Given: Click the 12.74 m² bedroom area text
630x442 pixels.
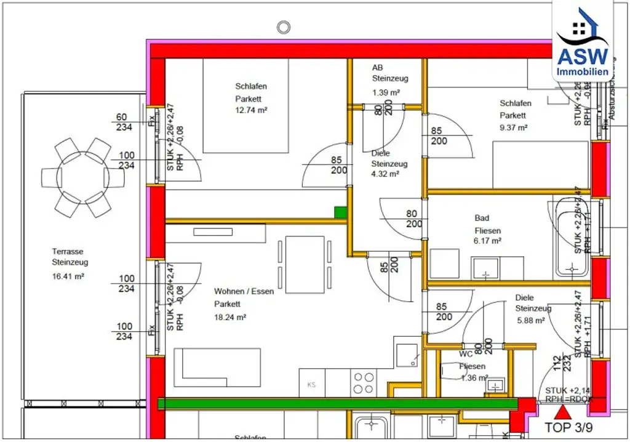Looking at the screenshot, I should point(251,110).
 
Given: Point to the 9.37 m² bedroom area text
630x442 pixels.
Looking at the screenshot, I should point(513,127).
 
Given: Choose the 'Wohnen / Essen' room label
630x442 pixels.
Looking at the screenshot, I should point(244,291).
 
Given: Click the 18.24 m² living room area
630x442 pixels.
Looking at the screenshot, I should point(230,317).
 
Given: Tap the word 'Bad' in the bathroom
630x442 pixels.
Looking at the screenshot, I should point(482,218).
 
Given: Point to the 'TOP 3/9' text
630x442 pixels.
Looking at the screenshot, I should point(569,427).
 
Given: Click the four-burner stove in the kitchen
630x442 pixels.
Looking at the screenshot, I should point(363,383).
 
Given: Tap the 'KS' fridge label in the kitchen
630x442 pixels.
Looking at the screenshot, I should point(311,385).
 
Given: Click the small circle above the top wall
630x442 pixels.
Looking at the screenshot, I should point(283,27).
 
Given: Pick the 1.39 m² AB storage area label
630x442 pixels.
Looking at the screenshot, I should point(386,92).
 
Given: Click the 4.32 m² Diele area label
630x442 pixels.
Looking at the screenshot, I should point(385,174).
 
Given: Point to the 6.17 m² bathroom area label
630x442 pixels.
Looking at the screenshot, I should point(488,241).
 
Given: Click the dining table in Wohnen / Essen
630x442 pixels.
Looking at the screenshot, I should point(305,265).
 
